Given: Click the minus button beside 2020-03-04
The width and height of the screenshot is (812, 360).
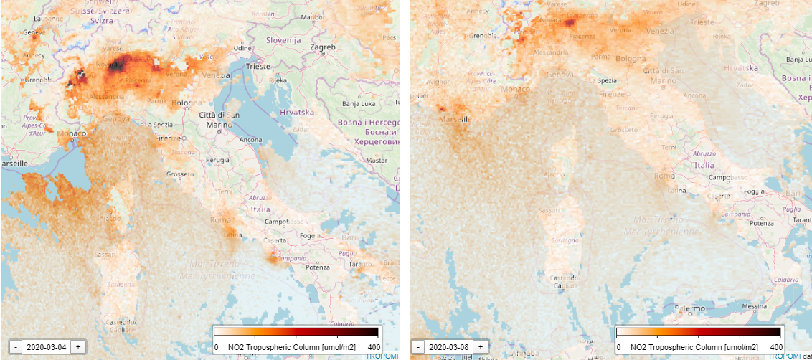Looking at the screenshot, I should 16,346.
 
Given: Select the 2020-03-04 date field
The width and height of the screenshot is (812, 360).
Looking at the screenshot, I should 47,346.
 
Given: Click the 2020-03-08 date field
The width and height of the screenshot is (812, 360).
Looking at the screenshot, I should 448,346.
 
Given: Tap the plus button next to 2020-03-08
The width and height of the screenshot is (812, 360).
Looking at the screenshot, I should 480,346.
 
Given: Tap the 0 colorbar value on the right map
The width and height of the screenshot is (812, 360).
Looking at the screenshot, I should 618,346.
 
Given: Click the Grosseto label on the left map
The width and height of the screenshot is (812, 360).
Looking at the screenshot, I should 179,174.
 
